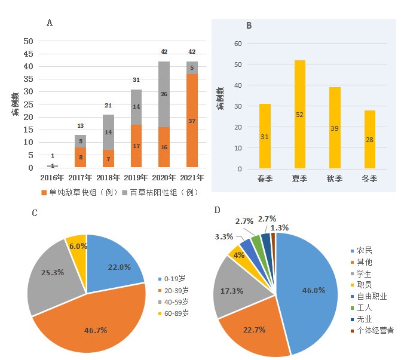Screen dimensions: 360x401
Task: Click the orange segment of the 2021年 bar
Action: click(192, 121)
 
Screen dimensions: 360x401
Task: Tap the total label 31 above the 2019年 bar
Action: click(136, 80)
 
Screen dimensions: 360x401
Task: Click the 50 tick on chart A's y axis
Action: click(28, 41)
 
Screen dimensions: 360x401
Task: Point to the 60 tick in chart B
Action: click(237, 44)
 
